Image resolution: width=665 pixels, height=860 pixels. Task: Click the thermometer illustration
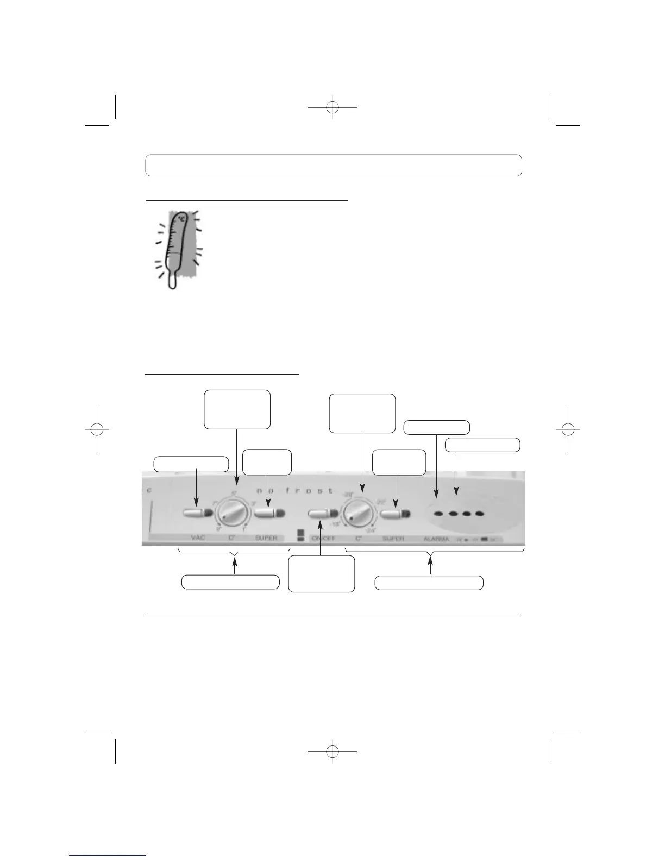pyautogui.click(x=175, y=249)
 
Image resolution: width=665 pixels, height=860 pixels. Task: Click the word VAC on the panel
pyautogui.click(x=198, y=538)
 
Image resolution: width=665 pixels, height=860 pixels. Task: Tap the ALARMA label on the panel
pyautogui.click(x=436, y=539)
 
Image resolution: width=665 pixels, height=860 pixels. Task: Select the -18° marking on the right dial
pyautogui.click(x=332, y=524)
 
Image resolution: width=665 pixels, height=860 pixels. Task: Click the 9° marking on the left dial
pyautogui.click(x=218, y=528)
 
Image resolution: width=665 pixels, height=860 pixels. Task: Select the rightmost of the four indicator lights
pyautogui.click(x=479, y=514)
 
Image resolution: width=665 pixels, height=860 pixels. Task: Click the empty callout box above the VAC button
pyautogui.click(x=191, y=464)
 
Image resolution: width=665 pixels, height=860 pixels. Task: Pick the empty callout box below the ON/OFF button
pyautogui.click(x=322, y=574)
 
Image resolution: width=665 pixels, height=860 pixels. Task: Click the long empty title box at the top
pyautogui.click(x=333, y=165)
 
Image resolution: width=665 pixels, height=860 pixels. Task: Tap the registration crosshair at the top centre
pyautogui.click(x=333, y=107)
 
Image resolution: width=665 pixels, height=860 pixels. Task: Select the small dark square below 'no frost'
pyautogui.click(x=300, y=536)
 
